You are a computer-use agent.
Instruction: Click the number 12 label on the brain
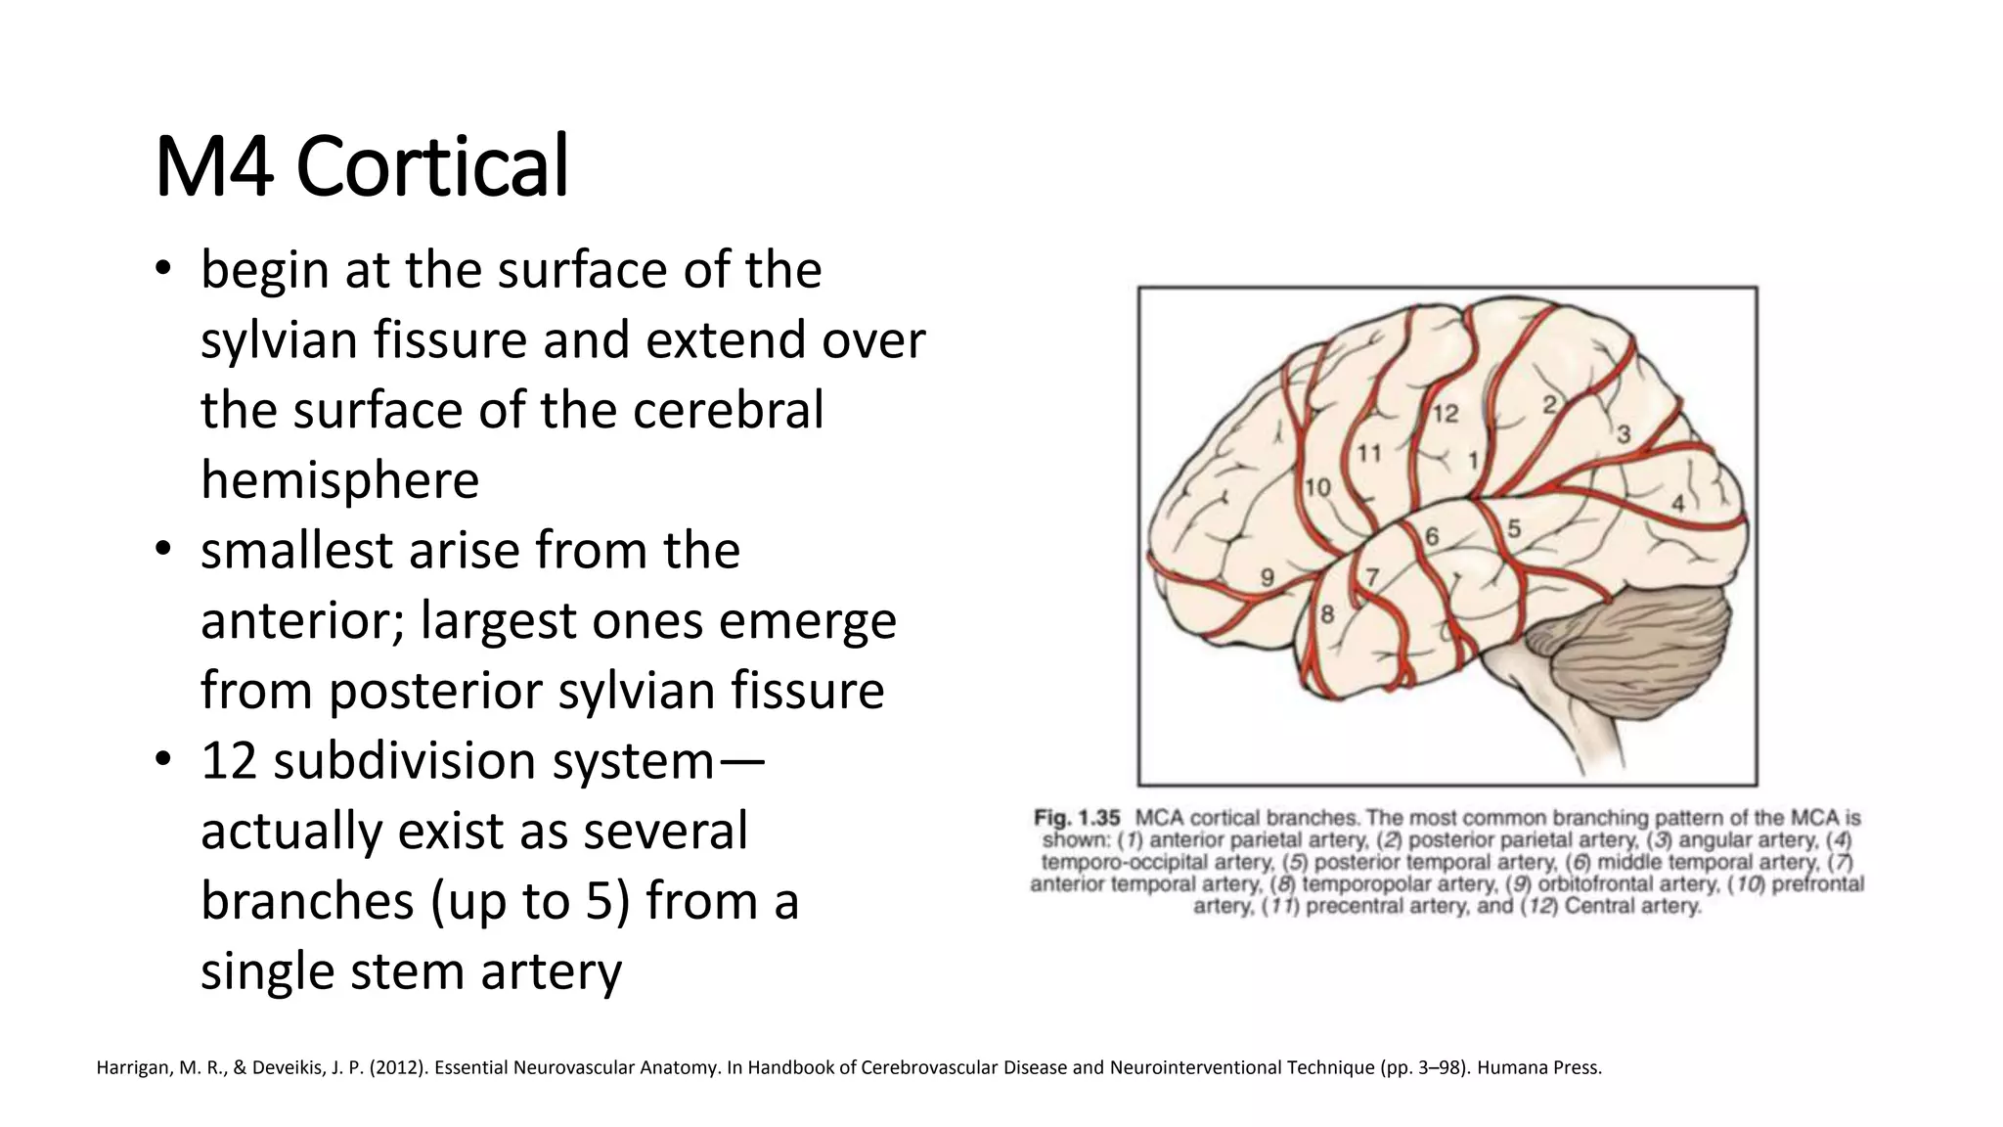[1445, 414]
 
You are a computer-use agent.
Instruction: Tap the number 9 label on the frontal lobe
[1267, 577]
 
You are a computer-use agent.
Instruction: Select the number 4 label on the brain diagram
[1677, 504]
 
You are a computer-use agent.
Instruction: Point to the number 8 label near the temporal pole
[1327, 614]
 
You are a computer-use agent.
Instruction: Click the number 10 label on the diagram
[1317, 487]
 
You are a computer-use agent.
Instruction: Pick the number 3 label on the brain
[1624, 433]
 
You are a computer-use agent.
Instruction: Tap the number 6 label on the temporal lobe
[1432, 536]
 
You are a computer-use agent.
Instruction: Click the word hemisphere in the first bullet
[339, 480]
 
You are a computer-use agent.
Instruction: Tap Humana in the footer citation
[1508, 1067]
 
